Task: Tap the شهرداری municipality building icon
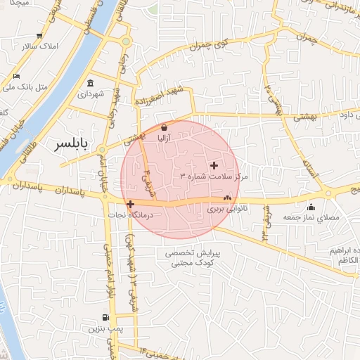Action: pyautogui.click(x=91, y=82)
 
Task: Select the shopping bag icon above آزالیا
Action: pyautogui.click(x=164, y=128)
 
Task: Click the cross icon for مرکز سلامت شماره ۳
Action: pyautogui.click(x=214, y=165)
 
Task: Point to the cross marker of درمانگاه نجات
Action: pyautogui.click(x=130, y=204)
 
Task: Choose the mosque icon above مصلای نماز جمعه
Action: pyautogui.click(x=311, y=207)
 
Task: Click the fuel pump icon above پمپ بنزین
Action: pyautogui.click(x=105, y=318)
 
